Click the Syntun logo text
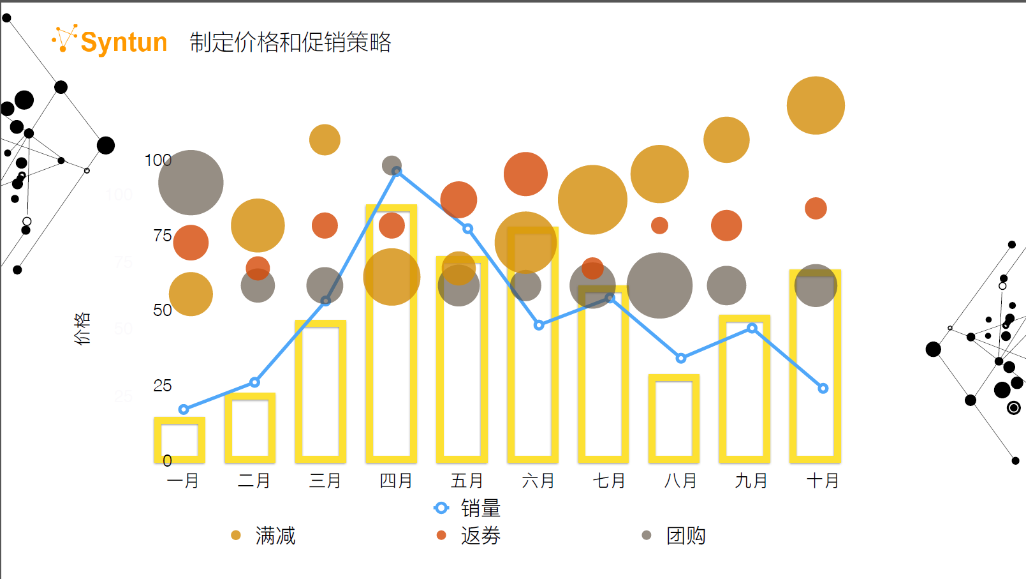click(124, 42)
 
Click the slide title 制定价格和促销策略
click(290, 42)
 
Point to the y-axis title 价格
click(82, 328)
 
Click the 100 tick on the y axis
click(158, 160)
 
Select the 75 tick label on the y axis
click(163, 236)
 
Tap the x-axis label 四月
click(396, 481)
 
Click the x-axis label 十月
click(823, 481)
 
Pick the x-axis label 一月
click(183, 481)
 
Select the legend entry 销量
click(480, 509)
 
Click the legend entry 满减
click(275, 536)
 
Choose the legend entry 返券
click(480, 536)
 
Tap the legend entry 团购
click(685, 536)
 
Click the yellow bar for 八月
click(674, 418)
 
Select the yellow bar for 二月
click(250, 428)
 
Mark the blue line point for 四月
click(397, 171)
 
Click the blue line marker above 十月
click(823, 388)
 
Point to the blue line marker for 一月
click(184, 409)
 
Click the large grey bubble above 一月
click(191, 183)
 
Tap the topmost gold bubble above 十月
click(816, 105)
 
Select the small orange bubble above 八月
click(659, 225)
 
